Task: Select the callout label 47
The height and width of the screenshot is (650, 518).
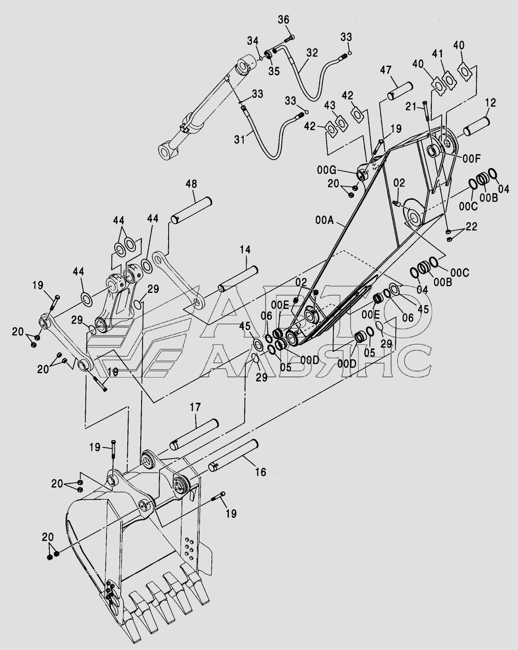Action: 386,71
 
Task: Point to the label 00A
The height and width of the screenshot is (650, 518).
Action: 324,220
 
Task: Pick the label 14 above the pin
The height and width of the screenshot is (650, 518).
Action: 246,250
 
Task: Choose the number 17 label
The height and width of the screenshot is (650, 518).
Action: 196,407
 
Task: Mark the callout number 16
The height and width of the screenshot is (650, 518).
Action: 261,472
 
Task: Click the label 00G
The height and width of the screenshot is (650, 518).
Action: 327,170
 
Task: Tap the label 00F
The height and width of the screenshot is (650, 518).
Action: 471,159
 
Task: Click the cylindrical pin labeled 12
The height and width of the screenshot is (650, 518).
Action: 476,126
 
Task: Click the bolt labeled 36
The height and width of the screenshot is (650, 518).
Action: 289,39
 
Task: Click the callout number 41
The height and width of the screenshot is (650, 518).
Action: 438,53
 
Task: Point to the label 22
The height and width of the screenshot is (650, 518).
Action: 472,226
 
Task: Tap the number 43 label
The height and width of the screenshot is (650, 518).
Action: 330,106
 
